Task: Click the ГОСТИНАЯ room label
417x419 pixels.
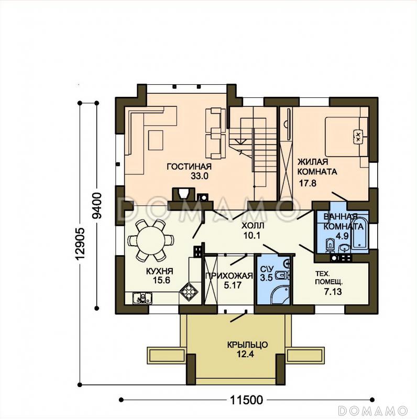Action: pyautogui.click(x=189, y=167)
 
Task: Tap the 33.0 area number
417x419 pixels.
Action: pyautogui.click(x=200, y=176)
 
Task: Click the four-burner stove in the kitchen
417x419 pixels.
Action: pyautogui.click(x=189, y=292)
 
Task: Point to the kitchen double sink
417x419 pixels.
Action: pyautogui.click(x=142, y=298)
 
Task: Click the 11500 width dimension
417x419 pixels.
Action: pyautogui.click(x=246, y=400)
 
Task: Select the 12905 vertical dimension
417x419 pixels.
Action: pyautogui.click(x=80, y=244)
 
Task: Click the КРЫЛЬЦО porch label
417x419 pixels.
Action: pyautogui.click(x=247, y=345)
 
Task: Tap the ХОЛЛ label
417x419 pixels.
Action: pyautogui.click(x=253, y=226)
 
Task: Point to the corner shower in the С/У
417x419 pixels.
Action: pyautogui.click(x=279, y=295)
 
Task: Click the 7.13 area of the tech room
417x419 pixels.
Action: pyautogui.click(x=333, y=292)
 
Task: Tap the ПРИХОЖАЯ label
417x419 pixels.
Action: pyautogui.click(x=229, y=275)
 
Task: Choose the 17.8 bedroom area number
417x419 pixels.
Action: pyautogui.click(x=308, y=183)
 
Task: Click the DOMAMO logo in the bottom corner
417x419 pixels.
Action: pyautogui.click(x=372, y=411)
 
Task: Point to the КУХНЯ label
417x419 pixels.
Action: pyautogui.click(x=160, y=271)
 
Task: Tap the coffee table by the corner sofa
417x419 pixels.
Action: pyautogui.click(x=156, y=140)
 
